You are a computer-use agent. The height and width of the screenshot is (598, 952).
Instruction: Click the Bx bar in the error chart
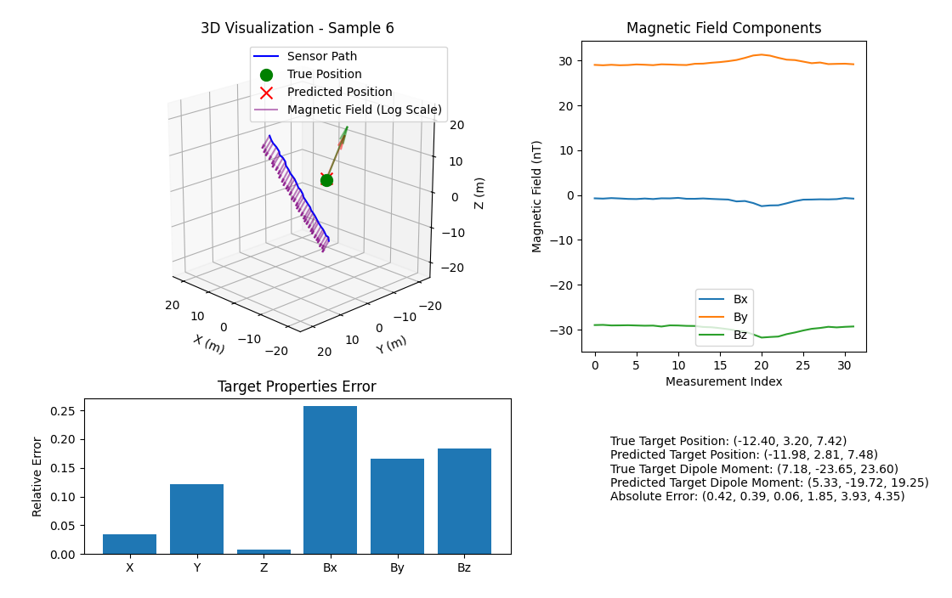(330, 480)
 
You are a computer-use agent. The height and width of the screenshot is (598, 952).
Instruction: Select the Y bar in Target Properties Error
(196, 519)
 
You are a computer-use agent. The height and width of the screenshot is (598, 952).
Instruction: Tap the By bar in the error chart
(397, 506)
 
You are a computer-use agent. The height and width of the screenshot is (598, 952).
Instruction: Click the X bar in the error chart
(129, 544)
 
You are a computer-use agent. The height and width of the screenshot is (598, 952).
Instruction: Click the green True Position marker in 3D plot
(326, 180)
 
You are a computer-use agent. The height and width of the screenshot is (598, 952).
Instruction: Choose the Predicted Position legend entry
(339, 93)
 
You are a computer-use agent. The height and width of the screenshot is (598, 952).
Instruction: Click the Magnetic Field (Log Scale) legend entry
(364, 110)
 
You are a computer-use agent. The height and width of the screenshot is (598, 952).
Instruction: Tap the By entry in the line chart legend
(739, 318)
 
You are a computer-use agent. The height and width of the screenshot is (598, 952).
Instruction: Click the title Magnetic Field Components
(723, 28)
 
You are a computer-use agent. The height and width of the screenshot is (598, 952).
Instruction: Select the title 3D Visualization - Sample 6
(297, 28)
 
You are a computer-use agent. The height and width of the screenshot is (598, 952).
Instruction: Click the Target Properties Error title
(297, 387)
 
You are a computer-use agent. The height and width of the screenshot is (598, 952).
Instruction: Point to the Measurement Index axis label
(723, 381)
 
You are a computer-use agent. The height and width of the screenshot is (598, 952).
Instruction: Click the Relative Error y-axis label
(37, 477)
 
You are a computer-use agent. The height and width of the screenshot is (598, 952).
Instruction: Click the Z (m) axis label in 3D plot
(479, 193)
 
